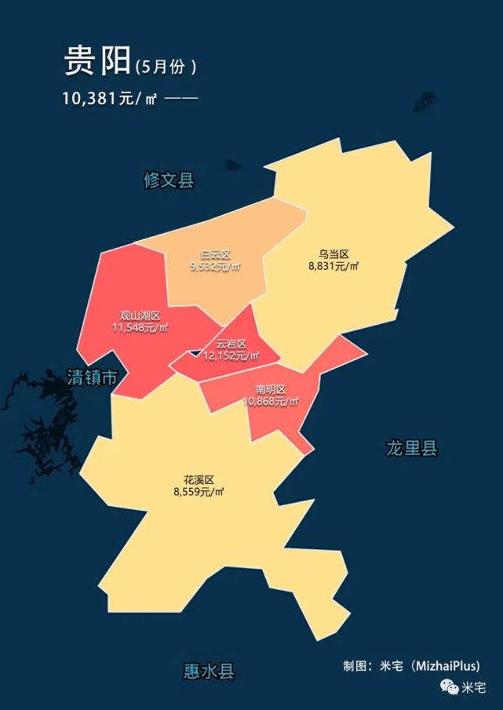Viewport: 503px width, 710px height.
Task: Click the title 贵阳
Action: (x=97, y=62)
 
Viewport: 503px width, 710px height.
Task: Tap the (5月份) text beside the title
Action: (x=165, y=67)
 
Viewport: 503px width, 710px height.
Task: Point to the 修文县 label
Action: (x=169, y=180)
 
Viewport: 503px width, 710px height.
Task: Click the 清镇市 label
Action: (x=93, y=377)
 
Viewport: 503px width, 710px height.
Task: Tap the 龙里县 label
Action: (x=411, y=449)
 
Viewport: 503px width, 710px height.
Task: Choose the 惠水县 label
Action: (x=209, y=672)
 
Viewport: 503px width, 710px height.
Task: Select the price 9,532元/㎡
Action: (x=215, y=267)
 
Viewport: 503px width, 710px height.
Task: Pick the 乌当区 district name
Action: (x=334, y=254)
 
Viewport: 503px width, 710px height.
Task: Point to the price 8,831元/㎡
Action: (x=334, y=266)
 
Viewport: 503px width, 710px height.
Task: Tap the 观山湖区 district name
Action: (x=140, y=315)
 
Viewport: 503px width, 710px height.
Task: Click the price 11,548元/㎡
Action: (x=140, y=327)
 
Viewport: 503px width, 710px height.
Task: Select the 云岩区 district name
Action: (x=231, y=344)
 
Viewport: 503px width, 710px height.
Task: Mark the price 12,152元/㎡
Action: (x=231, y=355)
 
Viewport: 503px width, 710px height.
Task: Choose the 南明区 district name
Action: (x=271, y=389)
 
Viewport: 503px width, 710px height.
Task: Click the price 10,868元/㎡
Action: (x=271, y=401)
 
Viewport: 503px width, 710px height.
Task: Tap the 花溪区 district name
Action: (x=199, y=479)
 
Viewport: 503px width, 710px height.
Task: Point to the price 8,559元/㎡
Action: (x=199, y=492)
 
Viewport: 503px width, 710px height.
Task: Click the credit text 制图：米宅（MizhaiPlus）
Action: (x=411, y=666)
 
